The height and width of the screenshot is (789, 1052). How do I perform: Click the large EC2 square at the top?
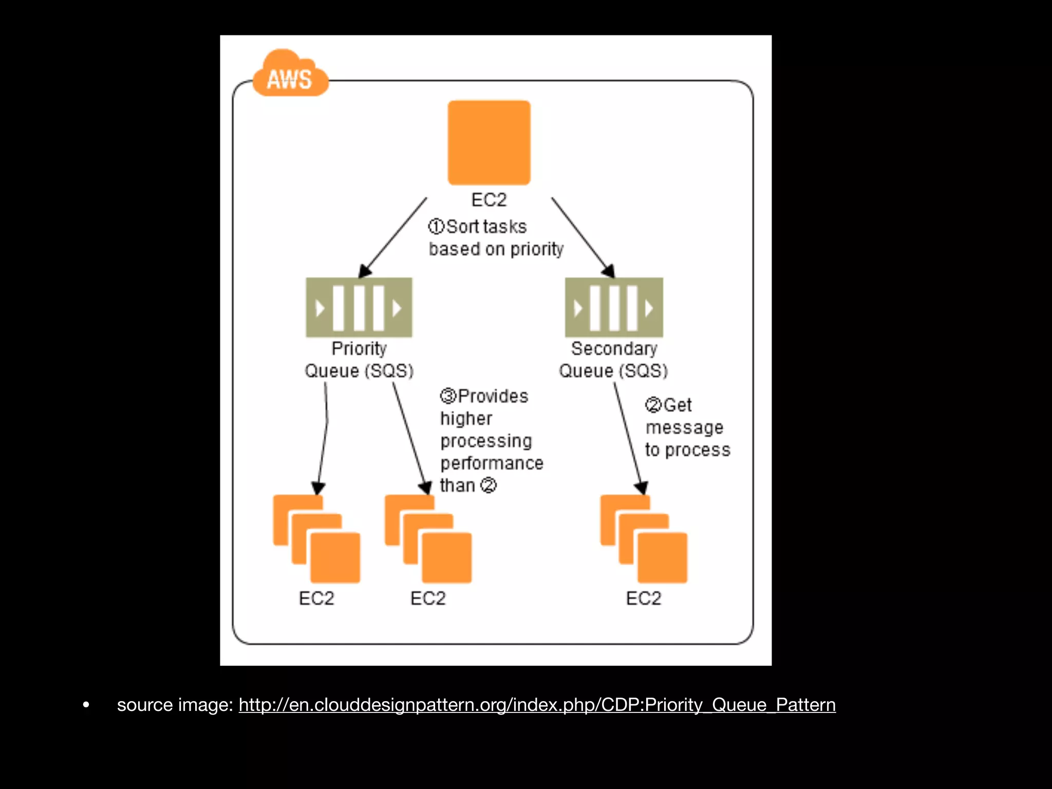pos(489,142)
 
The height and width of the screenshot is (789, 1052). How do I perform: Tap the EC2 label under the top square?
pos(489,200)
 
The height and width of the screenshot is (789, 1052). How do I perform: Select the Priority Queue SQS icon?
pos(359,307)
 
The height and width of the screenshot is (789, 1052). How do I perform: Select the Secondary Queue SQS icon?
pos(614,307)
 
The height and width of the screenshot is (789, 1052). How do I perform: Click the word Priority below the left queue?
pos(359,348)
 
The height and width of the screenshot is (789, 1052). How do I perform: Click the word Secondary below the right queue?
pos(614,348)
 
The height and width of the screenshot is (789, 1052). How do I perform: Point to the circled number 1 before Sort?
pos(436,227)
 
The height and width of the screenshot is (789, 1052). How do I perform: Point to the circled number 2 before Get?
pos(653,405)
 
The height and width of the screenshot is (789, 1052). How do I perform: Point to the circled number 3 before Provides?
pos(448,396)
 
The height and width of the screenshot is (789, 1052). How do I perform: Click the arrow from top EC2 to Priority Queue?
pos(393,237)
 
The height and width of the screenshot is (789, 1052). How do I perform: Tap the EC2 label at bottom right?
pos(644,598)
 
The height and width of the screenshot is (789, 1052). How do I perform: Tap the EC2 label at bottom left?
pos(316,598)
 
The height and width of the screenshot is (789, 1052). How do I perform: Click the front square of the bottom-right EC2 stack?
pos(662,558)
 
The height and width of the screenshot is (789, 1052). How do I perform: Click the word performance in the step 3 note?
pos(492,463)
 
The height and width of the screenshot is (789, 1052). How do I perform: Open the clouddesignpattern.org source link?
pos(537,705)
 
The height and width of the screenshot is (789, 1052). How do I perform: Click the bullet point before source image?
pos(86,705)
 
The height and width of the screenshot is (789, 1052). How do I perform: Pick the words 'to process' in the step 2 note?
pos(687,450)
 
